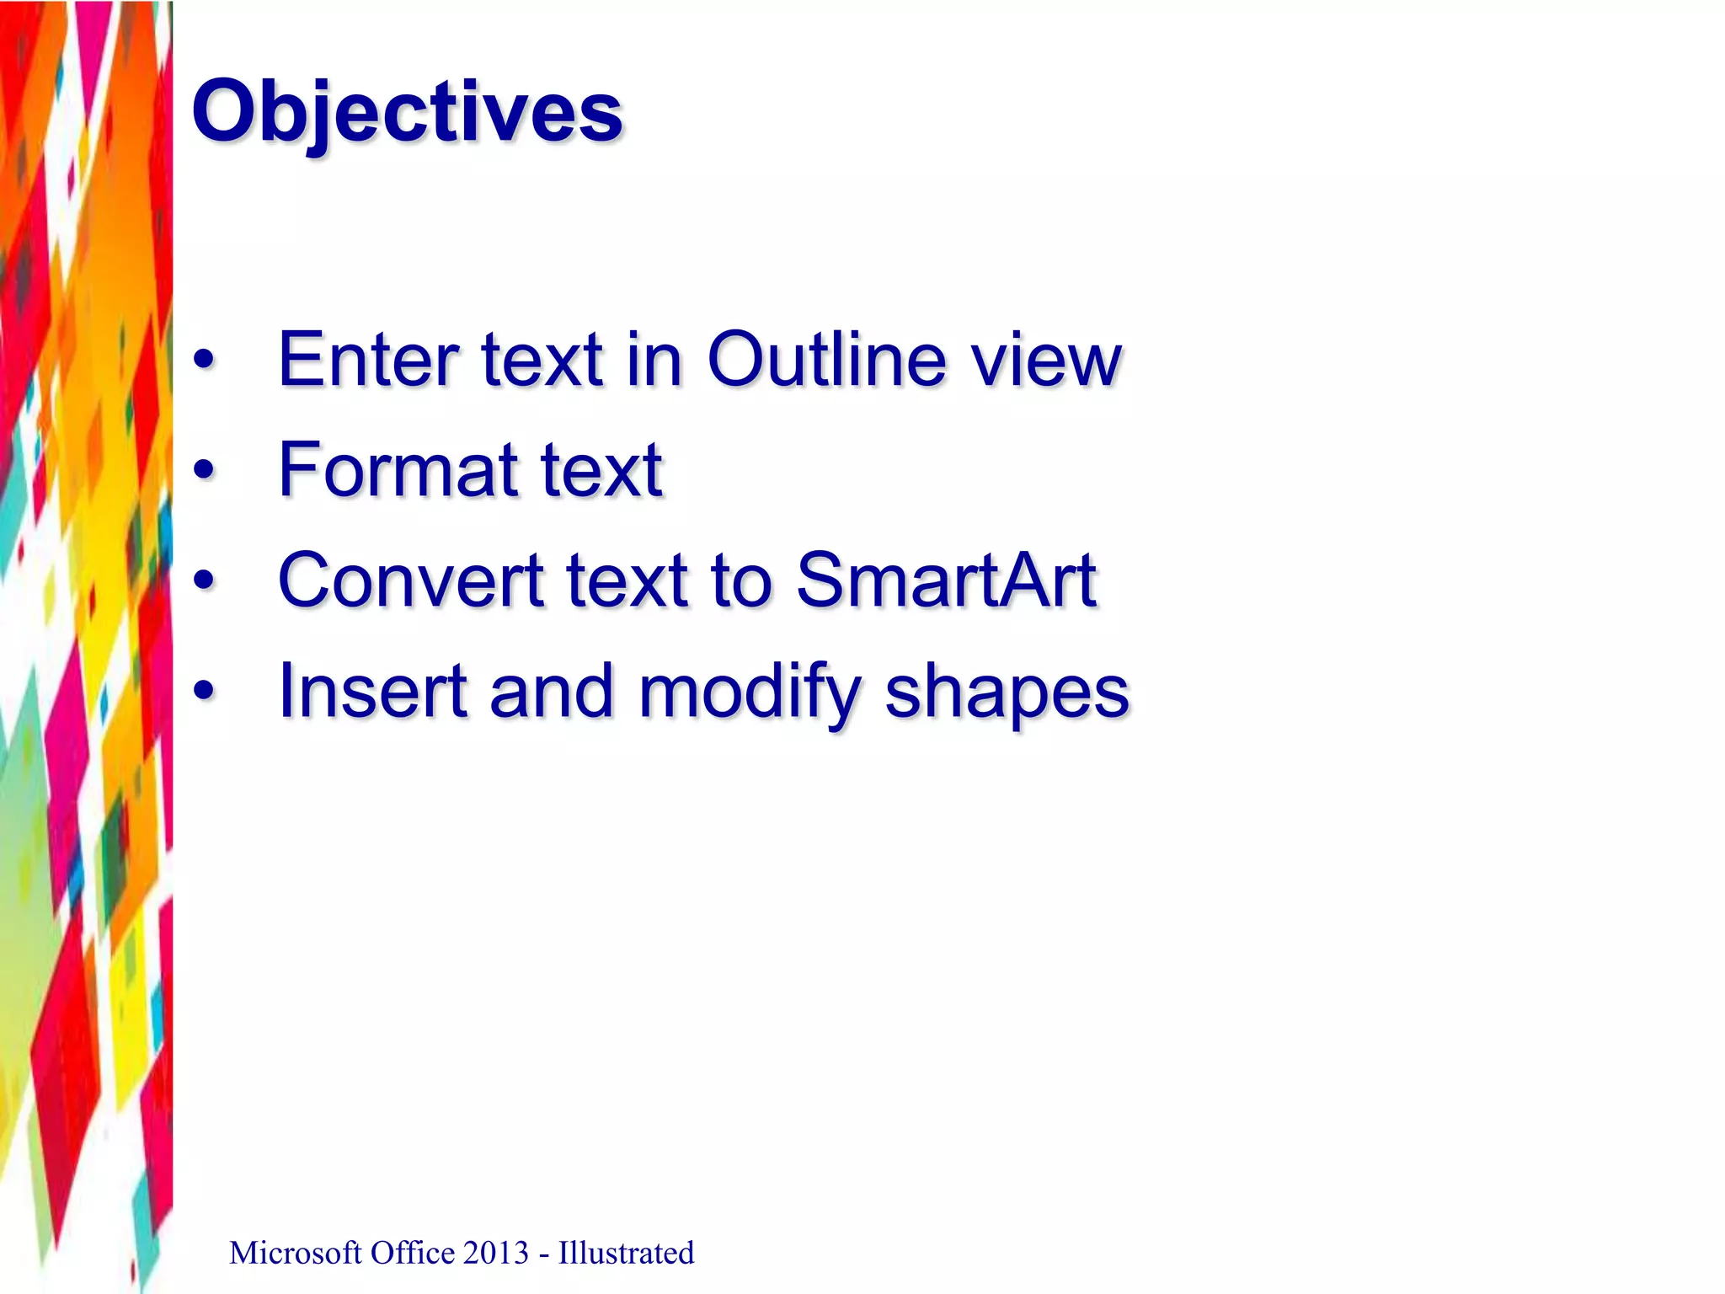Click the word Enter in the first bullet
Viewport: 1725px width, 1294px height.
tap(366, 360)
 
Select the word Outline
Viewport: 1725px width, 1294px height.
tap(826, 360)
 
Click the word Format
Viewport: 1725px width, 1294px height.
tap(397, 470)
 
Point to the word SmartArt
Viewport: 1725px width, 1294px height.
tap(946, 580)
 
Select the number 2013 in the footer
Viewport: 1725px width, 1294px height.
tap(494, 1254)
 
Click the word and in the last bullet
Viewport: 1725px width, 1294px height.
tap(551, 691)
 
